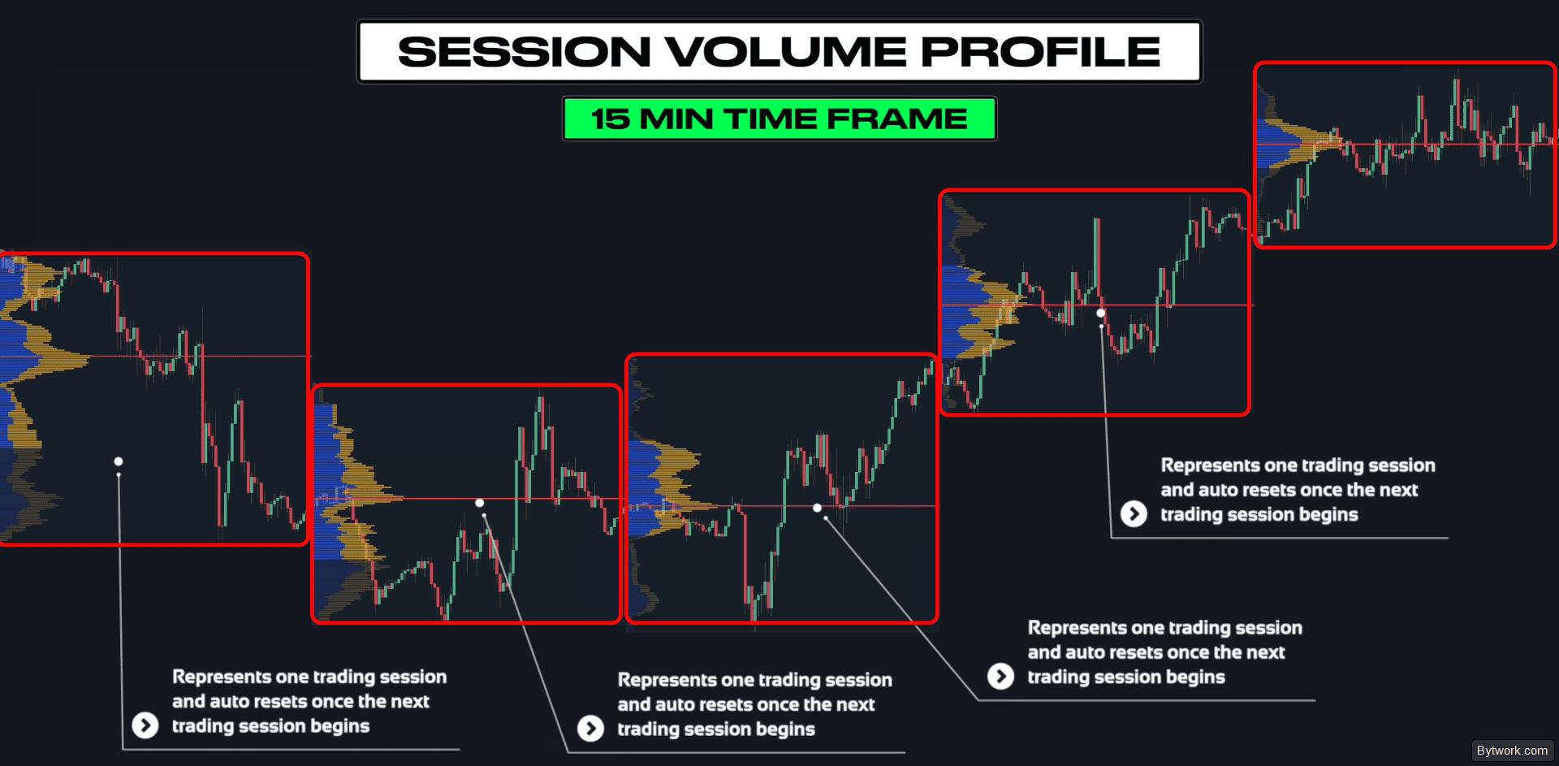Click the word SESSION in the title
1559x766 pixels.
tap(525, 52)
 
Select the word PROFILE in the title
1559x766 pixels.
tap(1041, 52)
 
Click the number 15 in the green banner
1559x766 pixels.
tap(610, 119)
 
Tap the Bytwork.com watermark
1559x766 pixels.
tap(1512, 751)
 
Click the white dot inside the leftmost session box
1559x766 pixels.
tap(119, 461)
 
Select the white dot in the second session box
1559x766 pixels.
tap(480, 503)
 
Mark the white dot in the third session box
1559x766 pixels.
tap(818, 508)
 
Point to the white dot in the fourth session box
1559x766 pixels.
tap(1101, 313)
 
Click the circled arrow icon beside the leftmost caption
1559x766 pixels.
tap(145, 725)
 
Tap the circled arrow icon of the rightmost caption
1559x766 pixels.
tap(1134, 514)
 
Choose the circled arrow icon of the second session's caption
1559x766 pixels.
tap(590, 729)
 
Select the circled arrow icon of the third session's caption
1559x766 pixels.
tap(1000, 677)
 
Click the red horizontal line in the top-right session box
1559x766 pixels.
tap(1405, 145)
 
